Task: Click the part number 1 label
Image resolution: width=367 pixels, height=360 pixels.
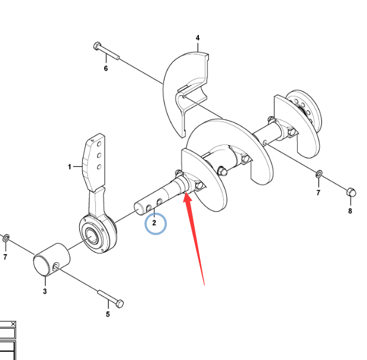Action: point(69,168)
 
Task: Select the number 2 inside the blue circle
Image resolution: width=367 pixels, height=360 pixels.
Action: point(154,223)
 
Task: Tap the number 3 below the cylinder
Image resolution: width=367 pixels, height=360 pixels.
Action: point(45,291)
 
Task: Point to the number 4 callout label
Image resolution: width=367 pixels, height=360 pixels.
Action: point(198,38)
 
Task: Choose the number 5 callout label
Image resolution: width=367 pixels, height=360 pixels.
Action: point(108,314)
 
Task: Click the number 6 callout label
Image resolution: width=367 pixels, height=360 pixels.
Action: point(106,68)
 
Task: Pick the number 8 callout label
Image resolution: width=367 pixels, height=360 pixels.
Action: point(350,211)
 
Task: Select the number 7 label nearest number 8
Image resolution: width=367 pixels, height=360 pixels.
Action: point(318,193)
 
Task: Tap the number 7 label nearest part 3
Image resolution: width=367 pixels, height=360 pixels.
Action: point(5,257)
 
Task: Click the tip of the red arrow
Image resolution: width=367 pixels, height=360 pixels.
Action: point(186,195)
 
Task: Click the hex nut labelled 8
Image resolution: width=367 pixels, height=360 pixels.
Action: point(349,192)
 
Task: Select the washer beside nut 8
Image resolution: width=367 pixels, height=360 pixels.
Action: point(318,174)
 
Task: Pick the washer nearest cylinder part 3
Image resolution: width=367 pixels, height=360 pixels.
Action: point(6,238)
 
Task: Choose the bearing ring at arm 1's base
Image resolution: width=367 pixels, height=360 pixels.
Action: point(94,235)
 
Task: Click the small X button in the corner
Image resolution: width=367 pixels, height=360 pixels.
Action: point(13,324)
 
